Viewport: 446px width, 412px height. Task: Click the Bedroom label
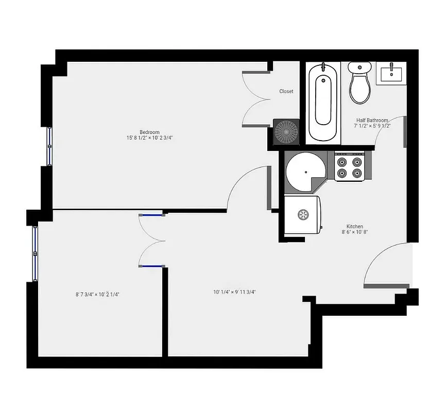(149, 132)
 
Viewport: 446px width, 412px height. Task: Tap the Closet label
(286, 91)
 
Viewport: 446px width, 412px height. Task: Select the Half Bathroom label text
(372, 120)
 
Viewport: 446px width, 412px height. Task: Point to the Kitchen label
(355, 227)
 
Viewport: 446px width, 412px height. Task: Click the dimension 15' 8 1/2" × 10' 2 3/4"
(149, 138)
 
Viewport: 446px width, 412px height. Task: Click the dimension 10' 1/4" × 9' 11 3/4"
(234, 292)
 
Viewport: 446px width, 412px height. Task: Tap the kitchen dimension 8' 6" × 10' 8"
(355, 232)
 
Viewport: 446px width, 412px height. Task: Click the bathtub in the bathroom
(323, 102)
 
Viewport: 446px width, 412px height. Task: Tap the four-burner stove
(349, 167)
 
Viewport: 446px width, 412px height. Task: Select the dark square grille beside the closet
(286, 131)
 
